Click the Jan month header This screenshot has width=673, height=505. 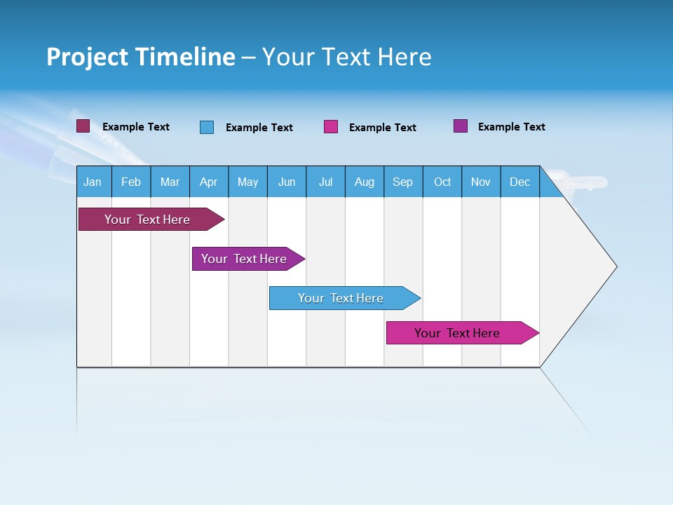(93, 182)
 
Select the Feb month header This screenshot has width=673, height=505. (131, 182)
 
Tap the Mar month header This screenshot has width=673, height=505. (170, 182)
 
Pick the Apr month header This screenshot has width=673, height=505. (209, 182)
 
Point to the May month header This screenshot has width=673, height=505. (247, 182)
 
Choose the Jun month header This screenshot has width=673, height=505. (287, 182)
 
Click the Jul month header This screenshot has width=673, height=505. (325, 182)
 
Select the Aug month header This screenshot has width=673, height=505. (365, 182)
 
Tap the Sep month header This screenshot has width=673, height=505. (403, 182)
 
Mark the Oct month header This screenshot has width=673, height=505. (442, 182)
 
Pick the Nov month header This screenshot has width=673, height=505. (481, 182)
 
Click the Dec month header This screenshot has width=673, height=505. (520, 182)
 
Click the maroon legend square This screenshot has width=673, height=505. (83, 126)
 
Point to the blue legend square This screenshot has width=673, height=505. (207, 127)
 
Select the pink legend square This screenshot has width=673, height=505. (331, 127)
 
